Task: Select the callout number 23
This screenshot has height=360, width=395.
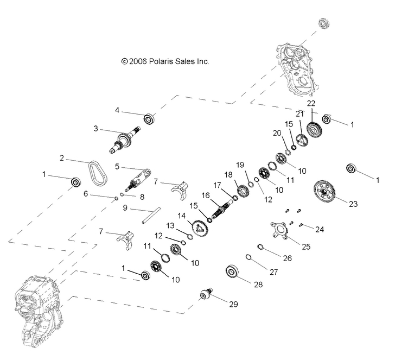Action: (x=353, y=204)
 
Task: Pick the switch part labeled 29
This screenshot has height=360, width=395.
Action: (x=206, y=294)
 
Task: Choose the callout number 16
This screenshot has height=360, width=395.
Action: (x=206, y=195)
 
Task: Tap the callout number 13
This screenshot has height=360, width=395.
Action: (x=170, y=225)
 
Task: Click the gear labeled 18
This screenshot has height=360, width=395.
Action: (x=242, y=191)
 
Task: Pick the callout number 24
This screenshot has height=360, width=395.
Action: (x=319, y=230)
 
